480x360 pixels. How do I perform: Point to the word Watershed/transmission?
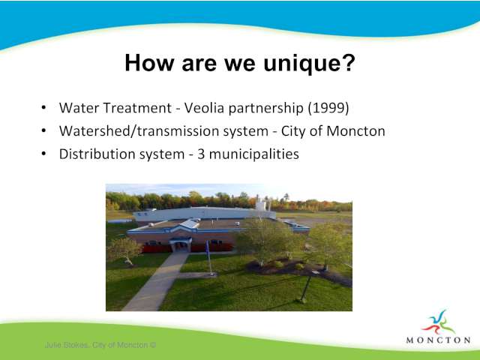pyautogui.click(x=163, y=131)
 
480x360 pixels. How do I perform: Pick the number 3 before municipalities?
pyautogui.click(x=201, y=154)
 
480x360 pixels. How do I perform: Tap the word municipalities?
pyautogui.click(x=253, y=154)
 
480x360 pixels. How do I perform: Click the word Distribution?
pyautogui.click(x=97, y=154)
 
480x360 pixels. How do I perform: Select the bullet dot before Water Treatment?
pyautogui.click(x=43, y=108)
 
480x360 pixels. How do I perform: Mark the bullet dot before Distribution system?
pyautogui.click(x=43, y=154)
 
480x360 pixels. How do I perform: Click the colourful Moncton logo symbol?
pyautogui.click(x=438, y=322)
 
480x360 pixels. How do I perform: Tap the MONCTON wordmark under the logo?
pyautogui.click(x=438, y=340)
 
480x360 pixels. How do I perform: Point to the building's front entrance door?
pyautogui.click(x=181, y=247)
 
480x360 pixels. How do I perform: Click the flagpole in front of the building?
pyautogui.click(x=208, y=258)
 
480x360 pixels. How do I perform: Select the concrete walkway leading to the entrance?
pyautogui.click(x=155, y=282)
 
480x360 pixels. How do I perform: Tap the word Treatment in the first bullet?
pyautogui.click(x=137, y=108)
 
